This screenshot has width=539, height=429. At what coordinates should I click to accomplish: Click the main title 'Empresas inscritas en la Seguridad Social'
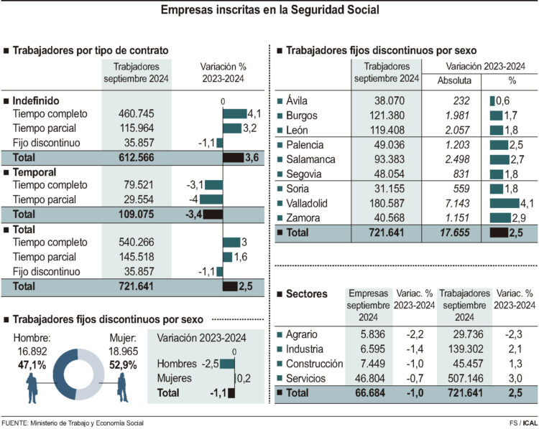coord(269,10)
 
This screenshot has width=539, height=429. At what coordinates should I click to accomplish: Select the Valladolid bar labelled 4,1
coord(504,203)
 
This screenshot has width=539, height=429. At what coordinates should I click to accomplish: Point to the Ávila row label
coord(301,101)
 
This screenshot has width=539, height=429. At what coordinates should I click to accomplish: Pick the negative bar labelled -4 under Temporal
coord(211,199)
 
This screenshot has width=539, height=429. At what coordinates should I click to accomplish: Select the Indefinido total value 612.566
coord(137,157)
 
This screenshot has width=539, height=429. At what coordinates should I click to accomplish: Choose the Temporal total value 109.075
coord(137,214)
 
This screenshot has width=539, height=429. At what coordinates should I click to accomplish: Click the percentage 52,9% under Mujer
coord(123,364)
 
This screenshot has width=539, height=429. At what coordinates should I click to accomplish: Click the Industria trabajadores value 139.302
coord(464,348)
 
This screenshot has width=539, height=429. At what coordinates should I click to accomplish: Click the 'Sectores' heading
coord(306,294)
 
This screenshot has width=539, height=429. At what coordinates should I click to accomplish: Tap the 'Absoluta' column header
coord(454,80)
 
